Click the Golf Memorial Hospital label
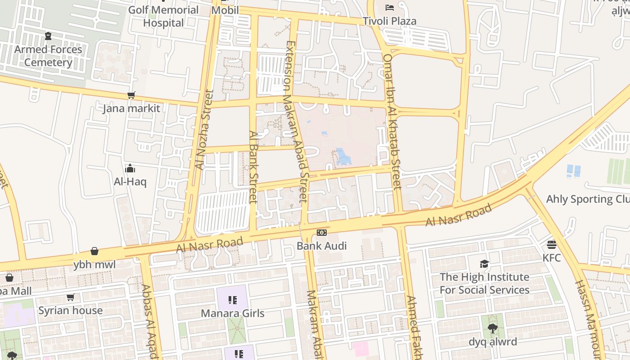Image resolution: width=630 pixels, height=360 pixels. [163, 16]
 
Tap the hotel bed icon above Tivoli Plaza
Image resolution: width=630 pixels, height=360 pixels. [390, 7]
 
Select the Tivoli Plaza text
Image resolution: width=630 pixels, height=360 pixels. [390, 21]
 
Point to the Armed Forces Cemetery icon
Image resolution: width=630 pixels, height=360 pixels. [48, 36]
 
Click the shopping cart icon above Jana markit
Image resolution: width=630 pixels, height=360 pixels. [131, 95]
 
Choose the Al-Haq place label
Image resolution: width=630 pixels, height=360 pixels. [130, 182]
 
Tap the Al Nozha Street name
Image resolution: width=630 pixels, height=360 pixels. [204, 130]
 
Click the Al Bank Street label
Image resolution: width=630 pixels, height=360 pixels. [253, 167]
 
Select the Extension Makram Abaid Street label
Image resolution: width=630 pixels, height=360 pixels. [297, 121]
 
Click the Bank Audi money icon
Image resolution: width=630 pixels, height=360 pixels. [321, 232]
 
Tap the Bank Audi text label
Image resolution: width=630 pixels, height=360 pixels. [321, 246]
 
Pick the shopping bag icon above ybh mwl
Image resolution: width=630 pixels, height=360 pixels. [94, 251]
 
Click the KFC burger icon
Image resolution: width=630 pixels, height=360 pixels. [552, 244]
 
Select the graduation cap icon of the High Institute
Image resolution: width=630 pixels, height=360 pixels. [484, 263]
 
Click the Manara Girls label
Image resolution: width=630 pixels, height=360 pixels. [232, 313]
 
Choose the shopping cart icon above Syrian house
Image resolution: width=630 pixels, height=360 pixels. [70, 297]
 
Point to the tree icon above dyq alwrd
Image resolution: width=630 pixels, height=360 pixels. [493, 328]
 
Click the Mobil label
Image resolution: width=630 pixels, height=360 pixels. [225, 10]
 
